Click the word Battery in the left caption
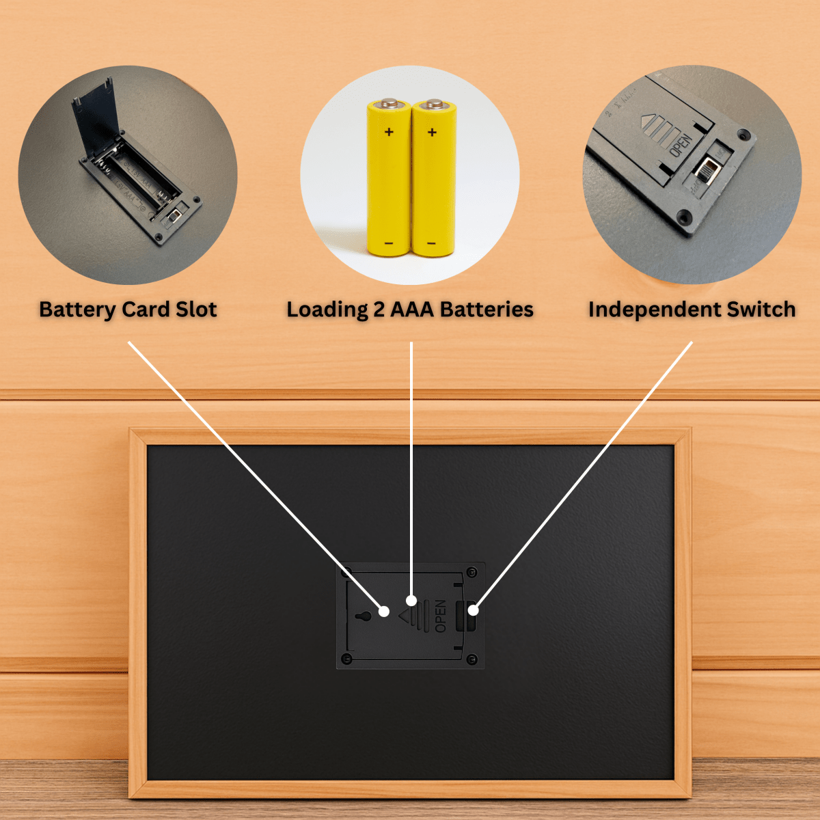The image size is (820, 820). pyautogui.click(x=77, y=310)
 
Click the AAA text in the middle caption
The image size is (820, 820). pyautogui.click(x=412, y=310)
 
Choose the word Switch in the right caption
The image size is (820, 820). pyautogui.click(x=761, y=309)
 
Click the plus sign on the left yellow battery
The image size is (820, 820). pyautogui.click(x=389, y=132)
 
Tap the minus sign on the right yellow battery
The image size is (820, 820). pyautogui.click(x=431, y=243)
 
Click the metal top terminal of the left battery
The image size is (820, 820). pyautogui.click(x=389, y=102)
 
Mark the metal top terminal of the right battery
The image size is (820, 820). pyautogui.click(x=435, y=103)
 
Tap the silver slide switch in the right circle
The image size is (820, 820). pyautogui.click(x=707, y=169)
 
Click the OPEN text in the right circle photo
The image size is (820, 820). pyautogui.click(x=681, y=146)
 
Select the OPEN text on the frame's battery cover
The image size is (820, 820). pyautogui.click(x=441, y=616)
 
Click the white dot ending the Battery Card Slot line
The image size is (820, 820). pyautogui.click(x=384, y=612)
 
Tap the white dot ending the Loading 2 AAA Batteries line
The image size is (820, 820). pyautogui.click(x=411, y=601)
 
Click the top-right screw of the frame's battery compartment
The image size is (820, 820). pyautogui.click(x=472, y=573)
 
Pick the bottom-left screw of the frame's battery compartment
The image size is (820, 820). pyautogui.click(x=347, y=659)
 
